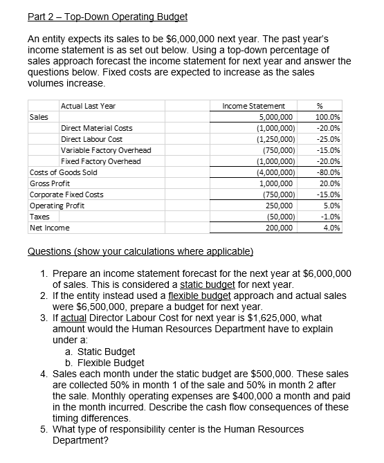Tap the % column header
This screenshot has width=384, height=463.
pyautogui.click(x=318, y=106)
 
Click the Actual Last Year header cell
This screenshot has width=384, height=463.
pyautogui.click(x=88, y=106)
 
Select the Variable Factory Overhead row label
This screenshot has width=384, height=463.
pyautogui.click(x=106, y=150)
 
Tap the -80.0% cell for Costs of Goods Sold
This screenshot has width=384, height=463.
pyautogui.click(x=323, y=172)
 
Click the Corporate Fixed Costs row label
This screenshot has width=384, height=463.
pyautogui.click(x=66, y=194)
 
